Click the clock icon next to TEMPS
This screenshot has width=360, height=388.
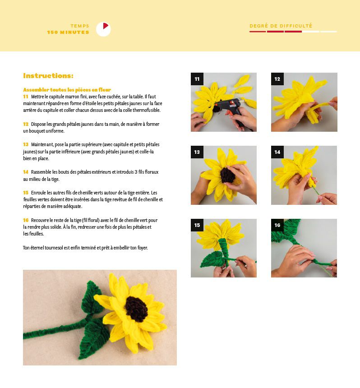(x=103, y=29)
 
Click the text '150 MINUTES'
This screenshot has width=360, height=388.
(x=68, y=32)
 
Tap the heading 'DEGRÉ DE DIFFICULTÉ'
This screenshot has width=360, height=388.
(x=281, y=26)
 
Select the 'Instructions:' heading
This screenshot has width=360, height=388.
(x=48, y=75)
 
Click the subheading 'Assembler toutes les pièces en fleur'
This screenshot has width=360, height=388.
(x=67, y=90)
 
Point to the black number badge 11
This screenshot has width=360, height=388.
(x=197, y=79)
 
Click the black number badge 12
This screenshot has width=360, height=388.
(x=277, y=79)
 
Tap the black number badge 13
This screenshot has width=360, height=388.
(x=197, y=152)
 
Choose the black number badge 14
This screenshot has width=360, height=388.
(x=277, y=152)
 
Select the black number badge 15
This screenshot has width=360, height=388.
(x=197, y=225)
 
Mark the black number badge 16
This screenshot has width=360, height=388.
(x=277, y=225)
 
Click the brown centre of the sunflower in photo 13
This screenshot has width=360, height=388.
(x=227, y=175)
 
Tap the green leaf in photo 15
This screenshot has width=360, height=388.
(x=212, y=259)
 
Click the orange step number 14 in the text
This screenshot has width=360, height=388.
(x=26, y=172)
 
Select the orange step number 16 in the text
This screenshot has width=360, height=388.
(x=26, y=220)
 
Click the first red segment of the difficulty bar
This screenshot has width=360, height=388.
(x=258, y=32)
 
